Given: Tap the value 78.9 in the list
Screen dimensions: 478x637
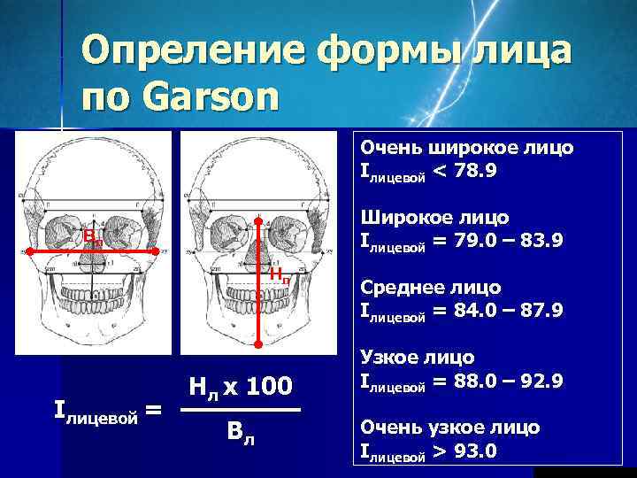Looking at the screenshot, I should tap(475, 169).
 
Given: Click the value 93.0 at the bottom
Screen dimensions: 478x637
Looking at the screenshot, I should tap(475, 451).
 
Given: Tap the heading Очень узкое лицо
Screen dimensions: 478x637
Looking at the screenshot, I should tap(449, 428).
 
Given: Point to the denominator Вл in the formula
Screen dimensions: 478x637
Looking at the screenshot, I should tap(240, 434).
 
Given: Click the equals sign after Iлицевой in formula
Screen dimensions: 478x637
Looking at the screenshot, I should tap(152, 409).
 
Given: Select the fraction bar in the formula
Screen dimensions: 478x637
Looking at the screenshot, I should tap(240, 410).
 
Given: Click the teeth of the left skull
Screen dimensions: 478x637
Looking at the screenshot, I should tap(92, 295).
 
